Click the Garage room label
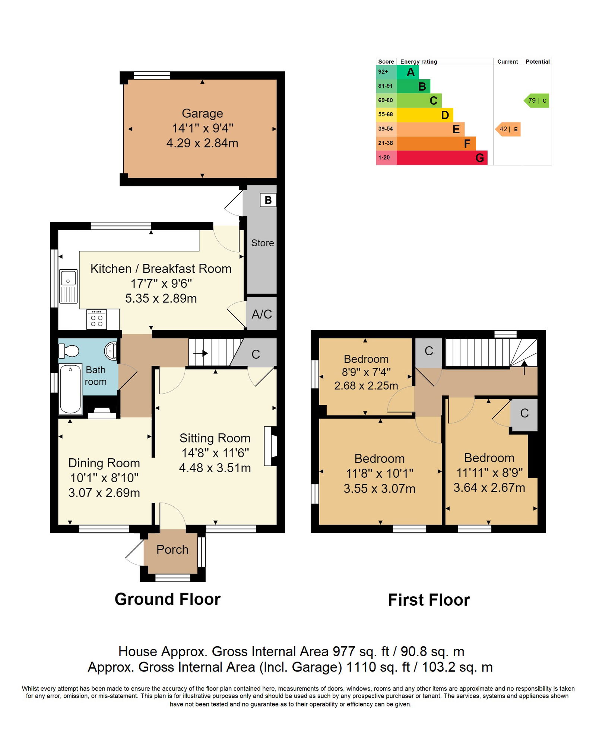click(202, 113)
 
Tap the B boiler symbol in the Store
click(268, 200)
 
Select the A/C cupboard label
click(261, 314)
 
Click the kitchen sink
click(69, 286)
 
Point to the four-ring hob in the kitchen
click(96, 320)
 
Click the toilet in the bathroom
click(69, 351)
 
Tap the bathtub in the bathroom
click(70, 389)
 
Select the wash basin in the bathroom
click(111, 351)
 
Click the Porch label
click(172, 549)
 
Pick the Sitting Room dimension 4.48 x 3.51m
click(215, 468)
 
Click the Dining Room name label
click(104, 463)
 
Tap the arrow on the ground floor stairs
click(200, 353)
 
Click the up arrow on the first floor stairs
click(524, 368)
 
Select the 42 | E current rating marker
click(508, 129)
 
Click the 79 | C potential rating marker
click(536, 100)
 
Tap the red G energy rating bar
click(442, 158)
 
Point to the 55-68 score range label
click(386, 114)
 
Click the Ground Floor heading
click(168, 599)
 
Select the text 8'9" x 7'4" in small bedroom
click(366, 372)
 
